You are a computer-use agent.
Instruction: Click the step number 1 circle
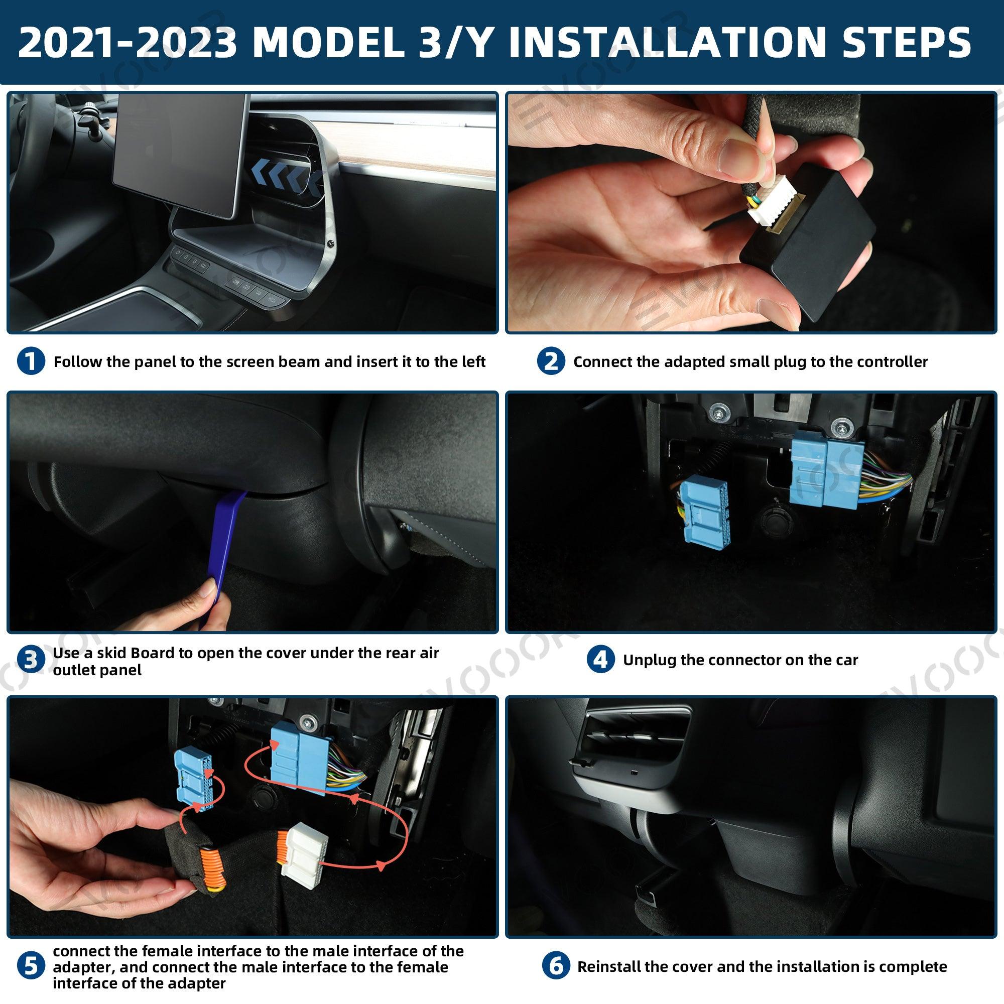pos(31,361)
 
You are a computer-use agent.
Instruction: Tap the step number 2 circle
pos(551,361)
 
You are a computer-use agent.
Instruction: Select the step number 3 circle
pos(31,661)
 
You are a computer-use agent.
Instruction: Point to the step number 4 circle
pos(601,661)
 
